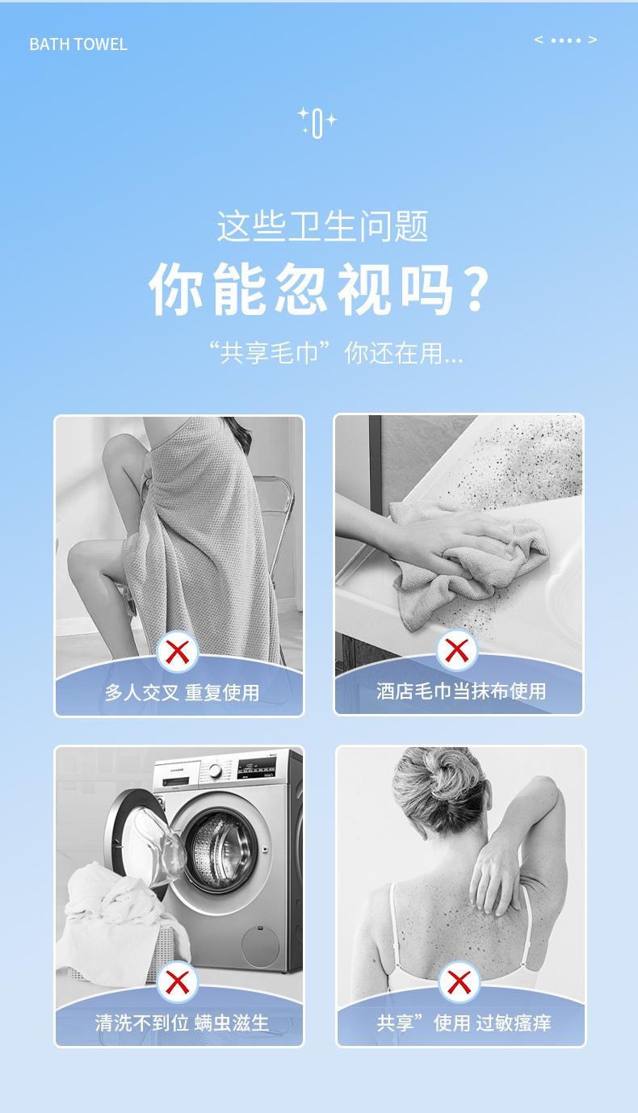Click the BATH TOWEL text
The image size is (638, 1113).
click(x=78, y=44)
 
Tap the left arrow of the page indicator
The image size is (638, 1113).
click(x=539, y=40)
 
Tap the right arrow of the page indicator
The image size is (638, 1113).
click(x=592, y=40)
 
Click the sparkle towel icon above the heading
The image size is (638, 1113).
click(x=317, y=122)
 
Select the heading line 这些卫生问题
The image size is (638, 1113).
click(x=322, y=227)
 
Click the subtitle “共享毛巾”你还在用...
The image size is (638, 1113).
click(x=336, y=353)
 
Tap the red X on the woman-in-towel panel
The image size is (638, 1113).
click(x=178, y=652)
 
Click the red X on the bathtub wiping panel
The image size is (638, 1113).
click(x=456, y=650)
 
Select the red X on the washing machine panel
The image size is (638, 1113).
click(x=178, y=982)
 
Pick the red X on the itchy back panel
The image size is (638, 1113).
click(x=460, y=982)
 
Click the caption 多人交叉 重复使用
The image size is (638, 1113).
click(x=182, y=692)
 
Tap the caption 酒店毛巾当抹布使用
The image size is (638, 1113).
click(x=460, y=691)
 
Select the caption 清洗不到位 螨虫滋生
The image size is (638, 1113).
click(x=182, y=1023)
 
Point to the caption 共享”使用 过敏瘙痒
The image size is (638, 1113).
click(x=464, y=1023)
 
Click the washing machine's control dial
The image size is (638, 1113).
click(x=215, y=771)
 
